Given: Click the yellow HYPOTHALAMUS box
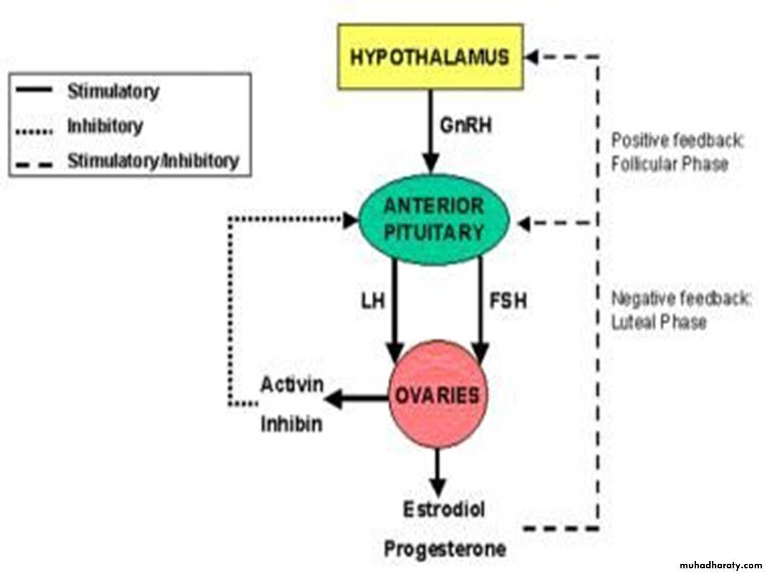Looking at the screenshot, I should point(430,57).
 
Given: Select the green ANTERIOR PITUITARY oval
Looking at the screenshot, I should point(434,220).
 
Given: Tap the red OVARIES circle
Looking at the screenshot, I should point(437,396).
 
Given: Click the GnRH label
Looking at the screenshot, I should point(465,125).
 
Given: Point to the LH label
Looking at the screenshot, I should point(373,301).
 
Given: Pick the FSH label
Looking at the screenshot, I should point(508,301).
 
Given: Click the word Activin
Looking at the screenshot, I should point(292,385).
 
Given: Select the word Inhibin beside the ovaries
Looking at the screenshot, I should point(291,424).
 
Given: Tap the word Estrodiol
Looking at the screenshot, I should point(444,510).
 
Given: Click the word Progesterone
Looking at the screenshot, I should point(445,549).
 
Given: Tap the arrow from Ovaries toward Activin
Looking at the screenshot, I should point(355,398).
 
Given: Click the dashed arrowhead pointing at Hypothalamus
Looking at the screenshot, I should point(531,57).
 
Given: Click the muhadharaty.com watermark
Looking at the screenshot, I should point(721,564).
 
